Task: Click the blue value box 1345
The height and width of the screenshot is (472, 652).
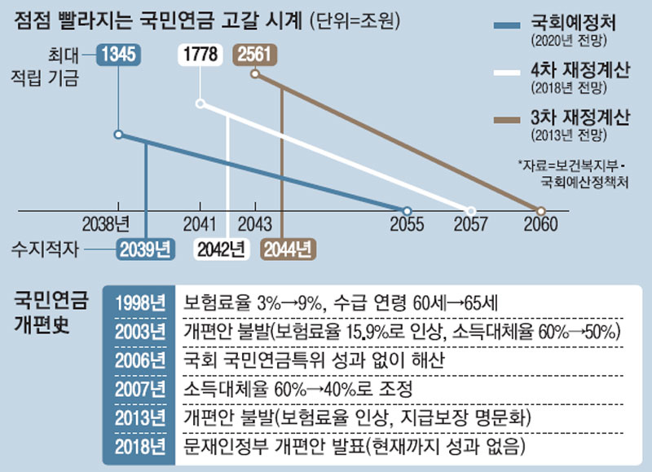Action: click(120, 55)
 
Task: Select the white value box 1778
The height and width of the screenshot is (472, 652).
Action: click(200, 55)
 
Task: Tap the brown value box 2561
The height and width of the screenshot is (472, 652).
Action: click(253, 55)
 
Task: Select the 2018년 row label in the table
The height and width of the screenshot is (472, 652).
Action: click(139, 446)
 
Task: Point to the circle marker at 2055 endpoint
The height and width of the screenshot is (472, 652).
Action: click(407, 210)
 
